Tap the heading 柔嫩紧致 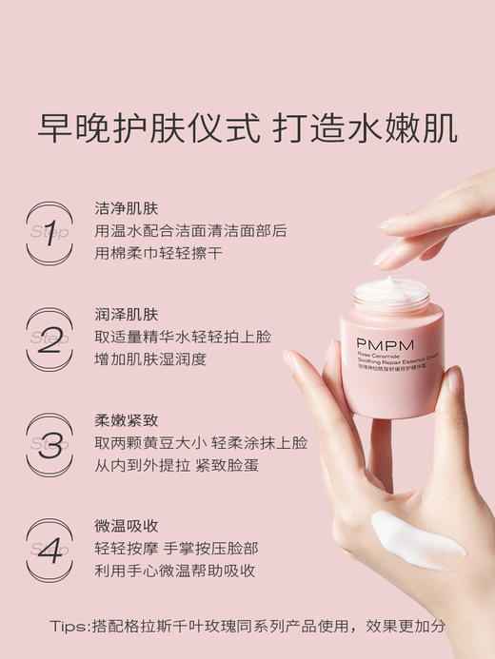(127, 420)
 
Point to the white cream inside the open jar (393, 289)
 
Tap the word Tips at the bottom (70, 626)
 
